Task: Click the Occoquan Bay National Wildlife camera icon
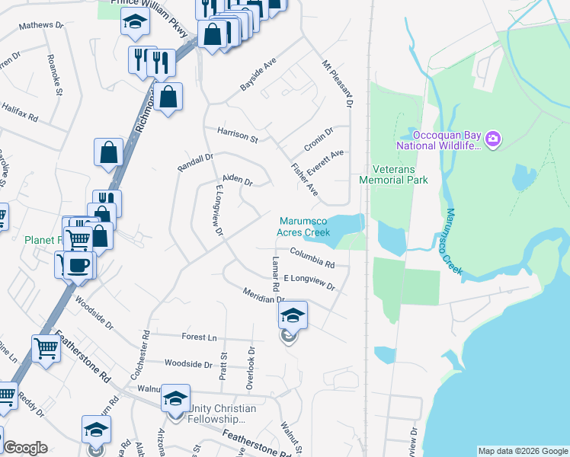pyautogui.click(x=493, y=138)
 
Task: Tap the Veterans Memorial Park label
pyautogui.click(x=394, y=174)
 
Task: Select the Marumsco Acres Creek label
pyautogui.click(x=304, y=226)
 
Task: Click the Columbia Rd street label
pyautogui.click(x=312, y=257)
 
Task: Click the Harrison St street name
pyautogui.click(x=238, y=135)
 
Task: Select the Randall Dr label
pyautogui.click(x=195, y=162)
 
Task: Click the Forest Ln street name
pyautogui.click(x=199, y=337)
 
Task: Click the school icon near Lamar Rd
pyautogui.click(x=293, y=315)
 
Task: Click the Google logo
pyautogui.click(x=25, y=448)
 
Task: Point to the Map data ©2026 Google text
pyautogui.click(x=522, y=451)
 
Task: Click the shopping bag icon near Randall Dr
pyautogui.click(x=109, y=152)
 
